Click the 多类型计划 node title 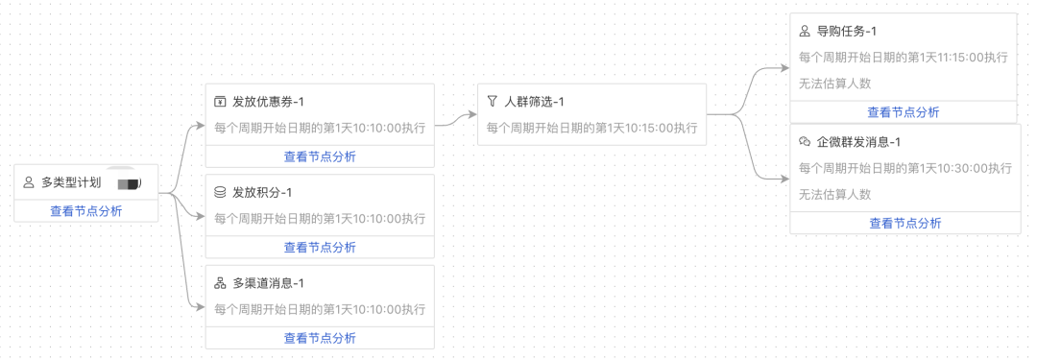[71, 181]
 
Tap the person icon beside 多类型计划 [28, 181]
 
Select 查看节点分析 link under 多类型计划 [86, 211]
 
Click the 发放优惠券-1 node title [269, 102]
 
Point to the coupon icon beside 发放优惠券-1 [220, 102]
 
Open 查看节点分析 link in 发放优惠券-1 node [320, 156]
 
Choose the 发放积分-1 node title [262, 192]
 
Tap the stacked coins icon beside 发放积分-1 [220, 192]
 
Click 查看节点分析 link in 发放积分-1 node [320, 247]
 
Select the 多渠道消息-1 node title [269, 283]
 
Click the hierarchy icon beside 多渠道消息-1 [220, 283]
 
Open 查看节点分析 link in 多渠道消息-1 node [320, 338]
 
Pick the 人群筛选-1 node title [534, 102]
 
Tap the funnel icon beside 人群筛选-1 [492, 102]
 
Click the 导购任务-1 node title [847, 32]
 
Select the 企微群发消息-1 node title [858, 142]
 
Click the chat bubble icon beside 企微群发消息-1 [805, 142]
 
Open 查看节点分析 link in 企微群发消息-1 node [905, 223]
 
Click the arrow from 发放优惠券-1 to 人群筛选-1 [456, 120]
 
